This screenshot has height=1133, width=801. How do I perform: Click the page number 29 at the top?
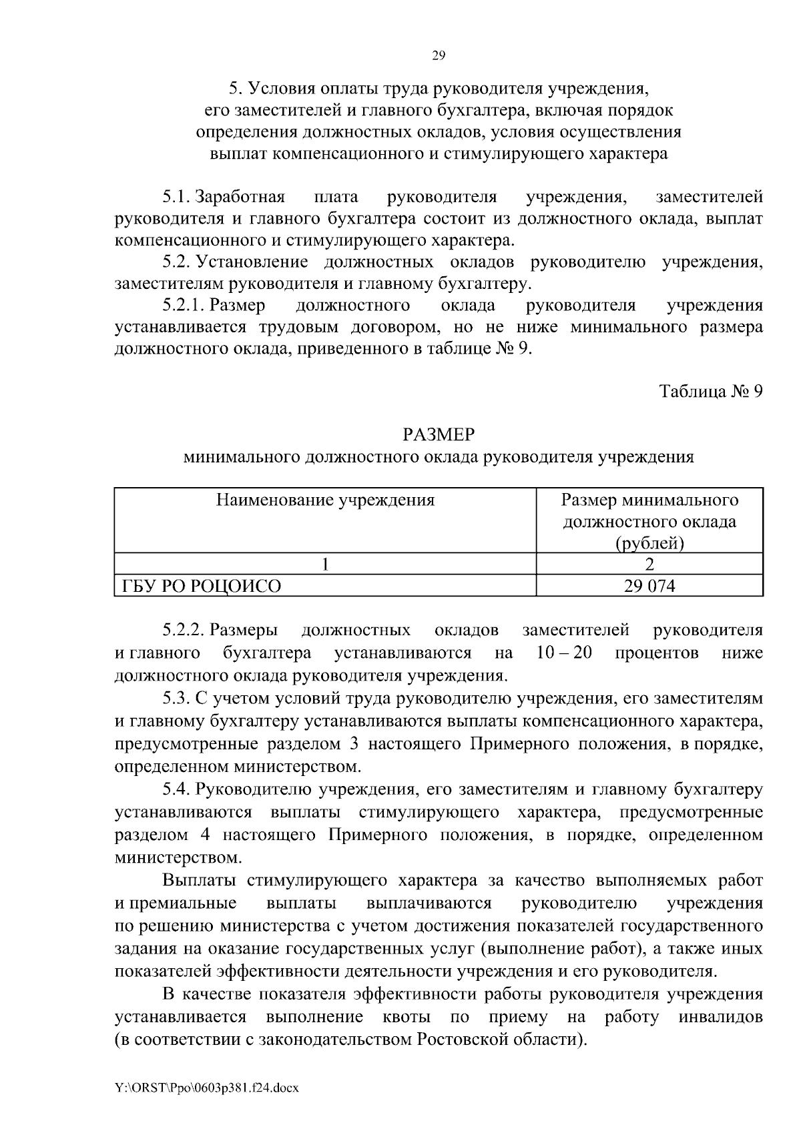439,56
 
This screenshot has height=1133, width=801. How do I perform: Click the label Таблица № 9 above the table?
710,391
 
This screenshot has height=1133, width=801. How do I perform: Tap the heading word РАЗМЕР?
439,435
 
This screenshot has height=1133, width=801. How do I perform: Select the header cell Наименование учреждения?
325,500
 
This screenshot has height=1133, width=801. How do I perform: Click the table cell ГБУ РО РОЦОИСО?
201,587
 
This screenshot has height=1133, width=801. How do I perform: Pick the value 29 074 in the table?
649,587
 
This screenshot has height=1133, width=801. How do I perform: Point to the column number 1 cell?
325,564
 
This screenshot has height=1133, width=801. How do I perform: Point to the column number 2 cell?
649,564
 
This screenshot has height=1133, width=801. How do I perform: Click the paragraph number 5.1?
177,198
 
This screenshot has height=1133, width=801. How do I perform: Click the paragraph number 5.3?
177,699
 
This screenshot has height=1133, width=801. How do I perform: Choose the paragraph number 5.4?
177,790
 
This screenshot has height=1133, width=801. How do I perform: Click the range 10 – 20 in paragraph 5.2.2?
564,653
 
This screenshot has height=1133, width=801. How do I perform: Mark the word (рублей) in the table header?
649,544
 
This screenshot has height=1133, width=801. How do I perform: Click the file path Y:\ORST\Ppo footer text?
206,1088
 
